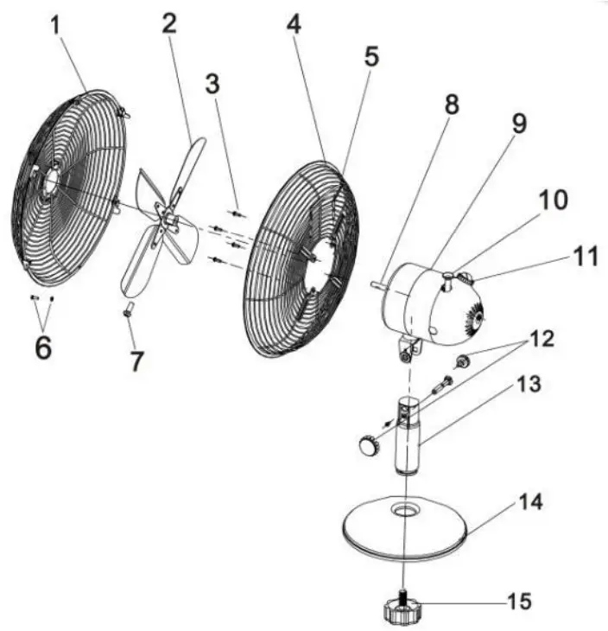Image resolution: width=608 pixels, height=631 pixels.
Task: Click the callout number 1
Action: (56, 27)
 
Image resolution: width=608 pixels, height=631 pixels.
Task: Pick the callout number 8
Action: (451, 105)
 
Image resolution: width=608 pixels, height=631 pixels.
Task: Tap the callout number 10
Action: (554, 201)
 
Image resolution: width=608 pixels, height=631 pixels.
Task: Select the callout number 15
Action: (519, 600)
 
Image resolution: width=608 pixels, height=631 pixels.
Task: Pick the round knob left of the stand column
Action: (367, 446)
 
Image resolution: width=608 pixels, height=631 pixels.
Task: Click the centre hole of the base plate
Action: (403, 511)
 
